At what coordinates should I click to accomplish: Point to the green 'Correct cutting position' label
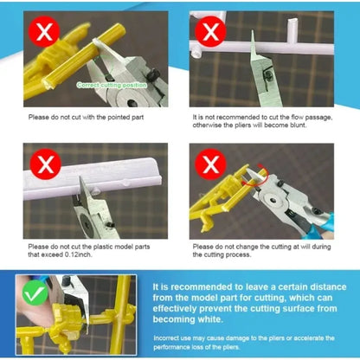coord(113,85)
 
